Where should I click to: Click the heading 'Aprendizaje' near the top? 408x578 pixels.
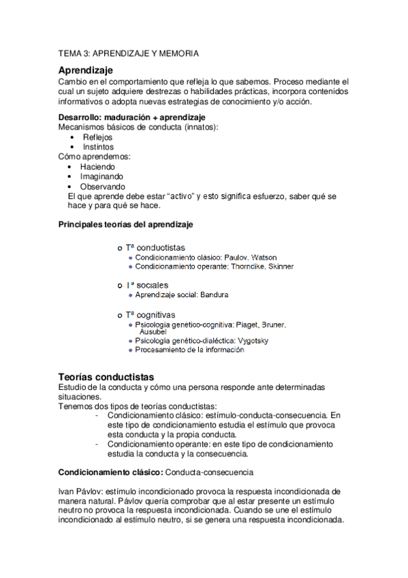tap(85, 70)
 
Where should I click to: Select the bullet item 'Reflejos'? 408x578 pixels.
tap(97, 137)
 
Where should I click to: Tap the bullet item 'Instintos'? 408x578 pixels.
tap(98, 147)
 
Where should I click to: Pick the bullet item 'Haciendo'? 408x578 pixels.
tap(97, 166)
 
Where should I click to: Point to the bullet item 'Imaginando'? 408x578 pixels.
tap(101, 176)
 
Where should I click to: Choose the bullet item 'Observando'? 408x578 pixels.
tap(102, 186)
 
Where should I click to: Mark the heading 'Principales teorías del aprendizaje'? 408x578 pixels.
tap(126, 223)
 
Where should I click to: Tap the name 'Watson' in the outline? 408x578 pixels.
tap(245, 258)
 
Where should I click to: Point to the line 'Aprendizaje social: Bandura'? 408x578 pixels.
tap(182, 295)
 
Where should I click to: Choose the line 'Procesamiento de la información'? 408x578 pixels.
tap(189, 350)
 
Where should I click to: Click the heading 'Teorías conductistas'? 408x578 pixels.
tap(106, 377)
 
